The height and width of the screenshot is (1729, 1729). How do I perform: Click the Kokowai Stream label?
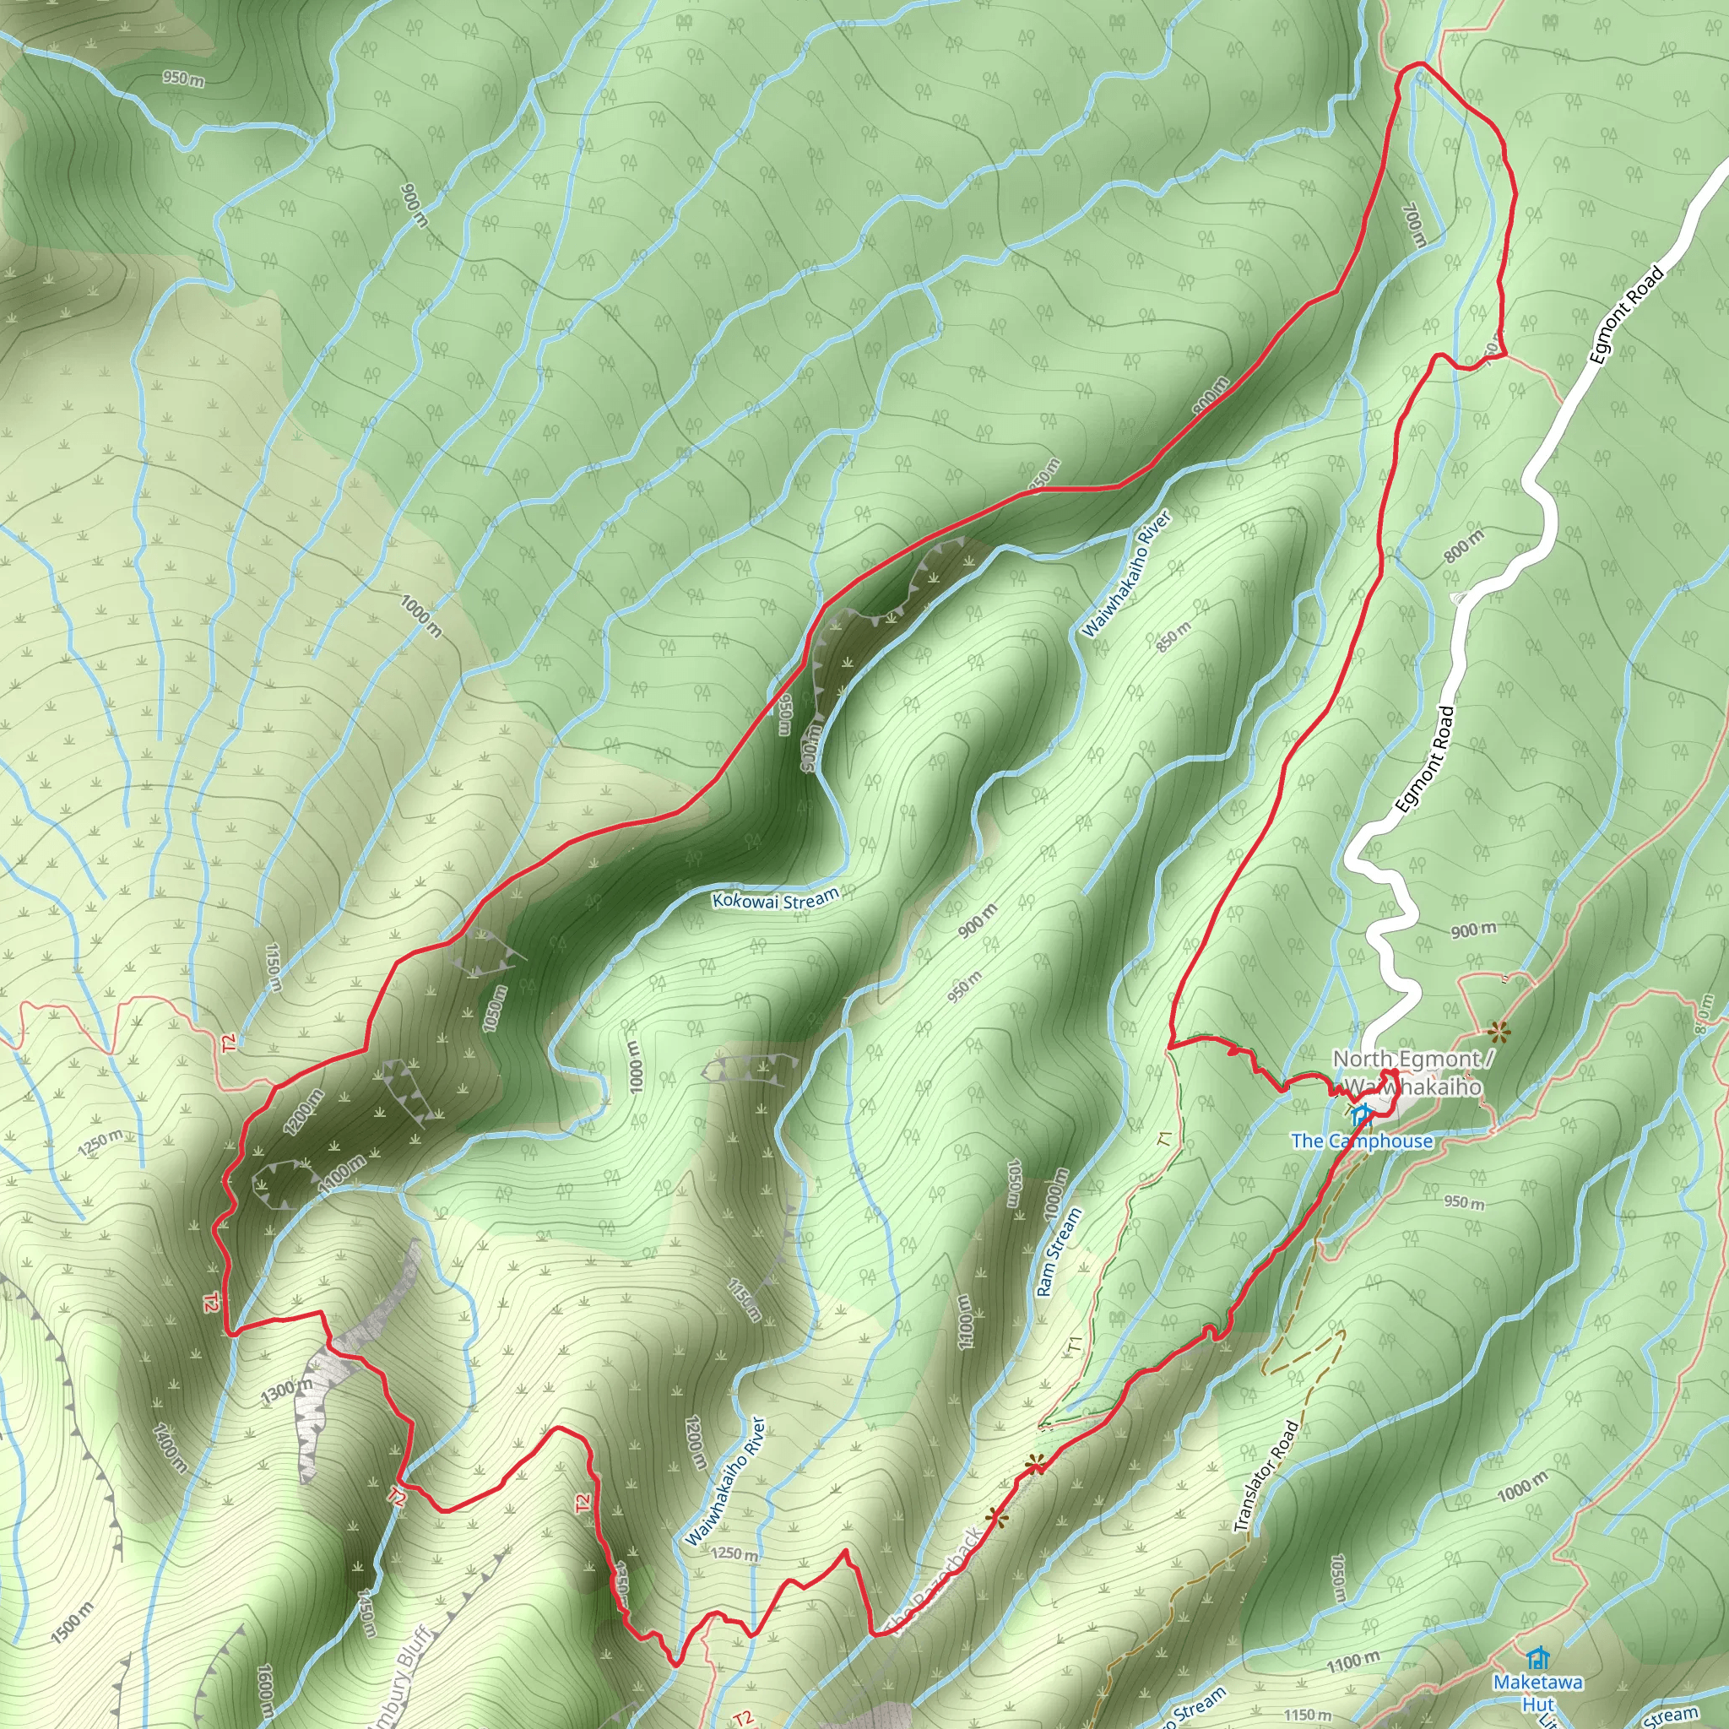(775, 898)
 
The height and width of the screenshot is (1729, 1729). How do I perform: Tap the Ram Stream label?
(1059, 1252)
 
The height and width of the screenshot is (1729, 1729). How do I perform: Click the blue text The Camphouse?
(1361, 1141)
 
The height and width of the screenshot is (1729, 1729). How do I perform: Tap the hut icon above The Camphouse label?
(1361, 1115)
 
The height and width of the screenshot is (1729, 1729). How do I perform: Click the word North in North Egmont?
(1362, 1059)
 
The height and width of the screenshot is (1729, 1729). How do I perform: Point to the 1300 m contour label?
(287, 1390)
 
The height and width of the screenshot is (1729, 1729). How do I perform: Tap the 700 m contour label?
(1414, 225)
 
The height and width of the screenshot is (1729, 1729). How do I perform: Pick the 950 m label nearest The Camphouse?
(1464, 1202)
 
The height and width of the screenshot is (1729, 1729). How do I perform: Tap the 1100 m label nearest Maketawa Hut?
(1353, 1663)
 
